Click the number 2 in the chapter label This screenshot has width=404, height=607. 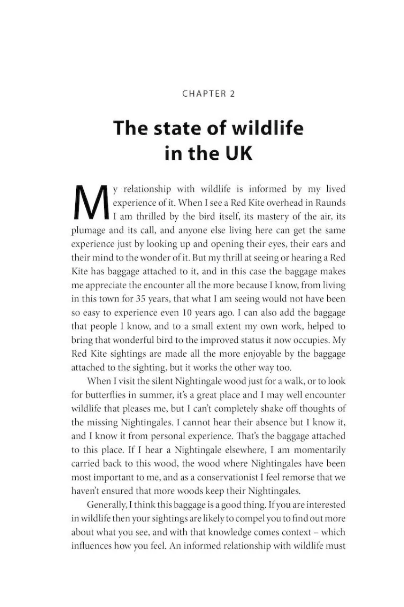232,93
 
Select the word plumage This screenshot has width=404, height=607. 88,230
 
